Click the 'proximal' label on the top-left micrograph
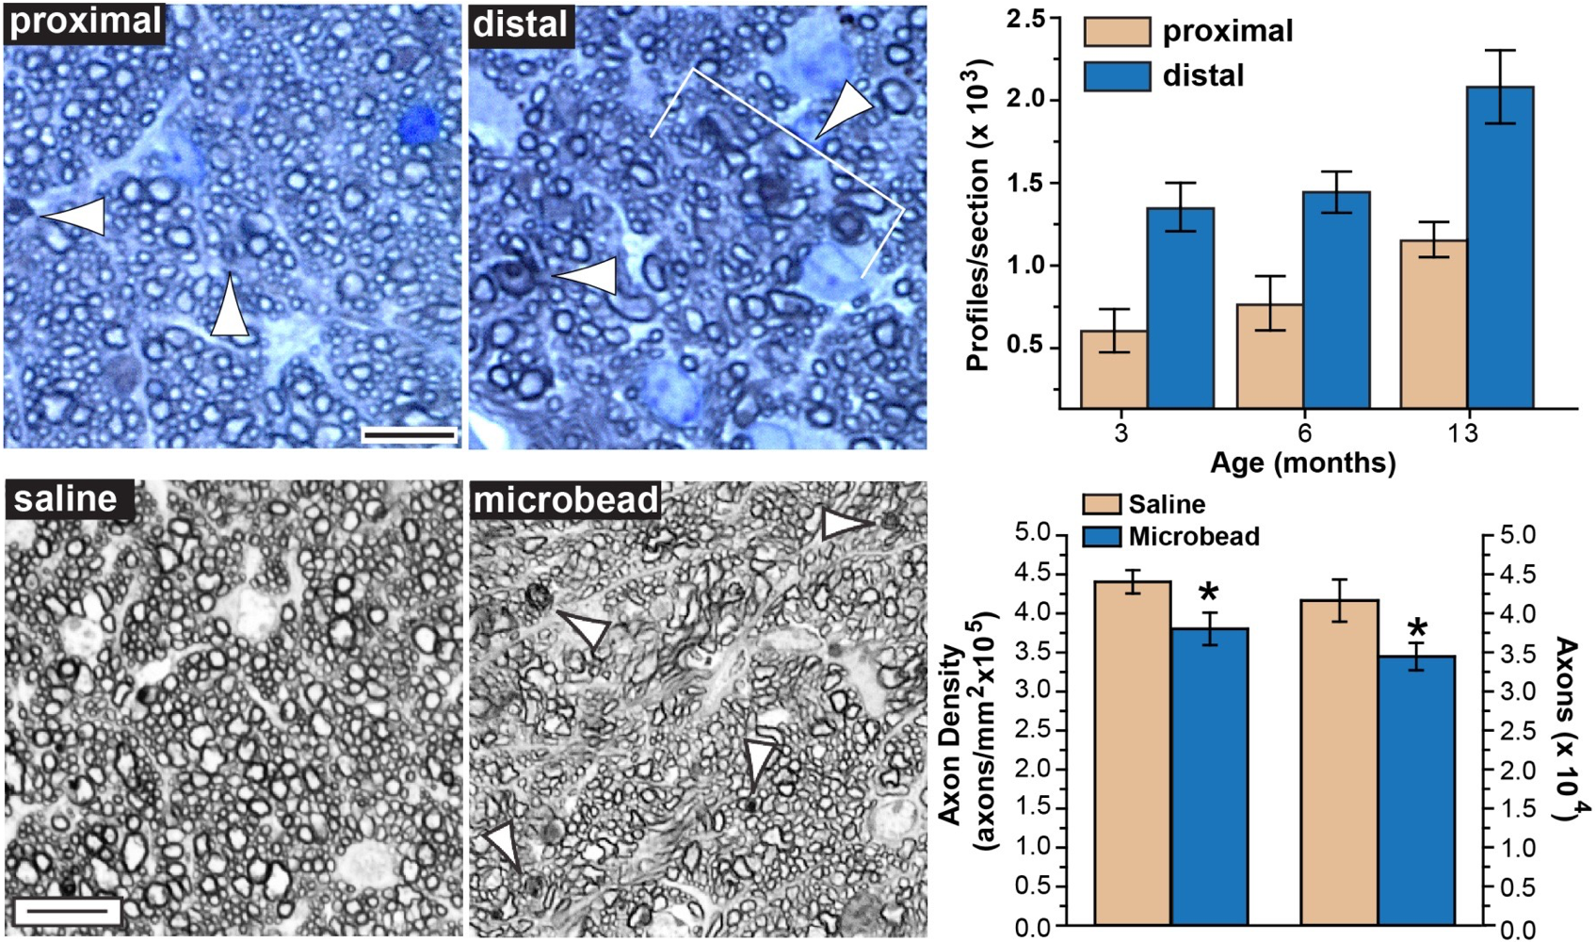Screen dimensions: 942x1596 [x=86, y=22]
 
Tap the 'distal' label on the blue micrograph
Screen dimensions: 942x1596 [x=521, y=24]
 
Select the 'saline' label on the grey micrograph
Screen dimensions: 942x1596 [x=66, y=498]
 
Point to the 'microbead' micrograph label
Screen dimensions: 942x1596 [x=566, y=500]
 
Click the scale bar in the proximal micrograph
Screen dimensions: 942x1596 [x=409, y=434]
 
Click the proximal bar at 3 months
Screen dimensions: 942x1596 [x=1114, y=368]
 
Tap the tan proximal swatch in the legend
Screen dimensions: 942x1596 [x=1117, y=31]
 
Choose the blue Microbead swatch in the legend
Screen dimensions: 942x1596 [x=1102, y=537]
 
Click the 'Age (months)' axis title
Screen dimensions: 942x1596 [x=1303, y=463]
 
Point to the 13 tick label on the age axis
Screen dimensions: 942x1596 [x=1462, y=433]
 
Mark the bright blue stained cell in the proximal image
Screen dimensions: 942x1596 [x=419, y=123]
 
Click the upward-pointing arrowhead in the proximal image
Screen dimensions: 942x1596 [x=229, y=306]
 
